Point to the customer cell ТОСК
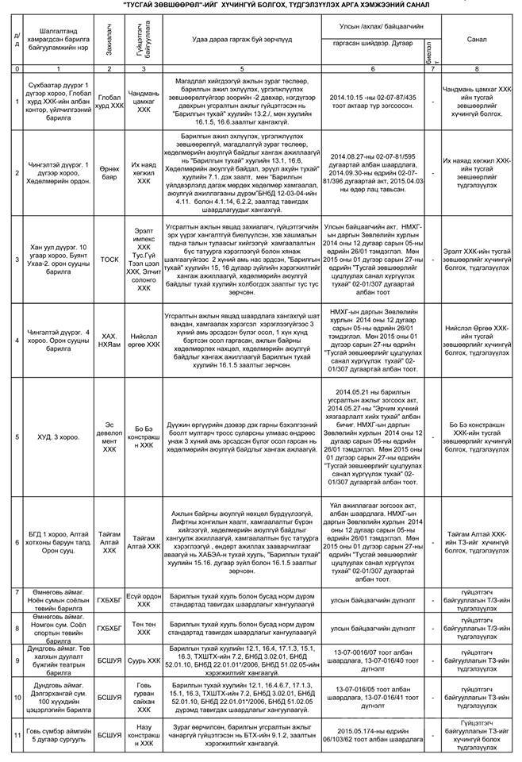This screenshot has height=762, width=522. (x=108, y=259)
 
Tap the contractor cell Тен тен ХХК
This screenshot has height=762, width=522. (x=143, y=627)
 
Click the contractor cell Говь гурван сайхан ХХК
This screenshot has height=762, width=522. (x=143, y=698)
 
